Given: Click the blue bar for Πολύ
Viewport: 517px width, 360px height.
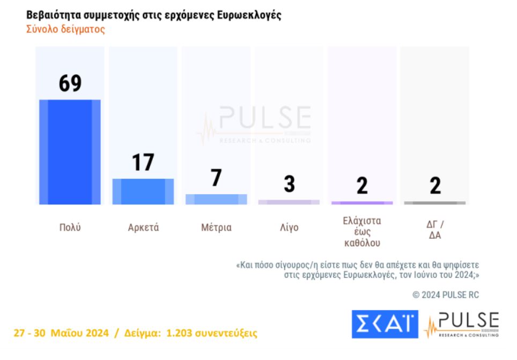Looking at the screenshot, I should coord(70,152).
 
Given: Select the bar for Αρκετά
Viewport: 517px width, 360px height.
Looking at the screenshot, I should coord(143,192).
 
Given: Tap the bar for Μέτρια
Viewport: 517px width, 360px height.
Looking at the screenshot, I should coord(216,199).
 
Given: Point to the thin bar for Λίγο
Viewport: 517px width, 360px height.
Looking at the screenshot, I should coord(289,202).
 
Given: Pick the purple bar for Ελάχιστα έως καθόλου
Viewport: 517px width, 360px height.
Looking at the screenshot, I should coord(362,203).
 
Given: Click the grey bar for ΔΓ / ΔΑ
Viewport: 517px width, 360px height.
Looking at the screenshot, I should coord(434,203).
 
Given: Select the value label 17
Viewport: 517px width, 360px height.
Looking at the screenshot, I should coord(143,163).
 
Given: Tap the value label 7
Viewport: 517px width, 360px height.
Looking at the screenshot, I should coord(216,178).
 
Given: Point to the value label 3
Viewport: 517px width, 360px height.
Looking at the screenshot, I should coord(289,184).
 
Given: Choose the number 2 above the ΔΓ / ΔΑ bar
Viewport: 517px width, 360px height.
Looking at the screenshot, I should coord(435,186).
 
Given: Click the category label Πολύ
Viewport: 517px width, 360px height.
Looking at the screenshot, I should coord(70,227).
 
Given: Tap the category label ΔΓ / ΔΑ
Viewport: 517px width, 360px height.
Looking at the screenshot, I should coord(435,230).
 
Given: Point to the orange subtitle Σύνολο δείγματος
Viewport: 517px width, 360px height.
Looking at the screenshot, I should coord(65,30).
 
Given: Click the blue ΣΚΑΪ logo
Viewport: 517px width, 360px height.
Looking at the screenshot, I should coord(384,324).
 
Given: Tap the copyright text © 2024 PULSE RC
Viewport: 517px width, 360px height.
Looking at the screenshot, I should coord(446,295).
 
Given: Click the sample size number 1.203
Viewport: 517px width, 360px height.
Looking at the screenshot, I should coord(181,333).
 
